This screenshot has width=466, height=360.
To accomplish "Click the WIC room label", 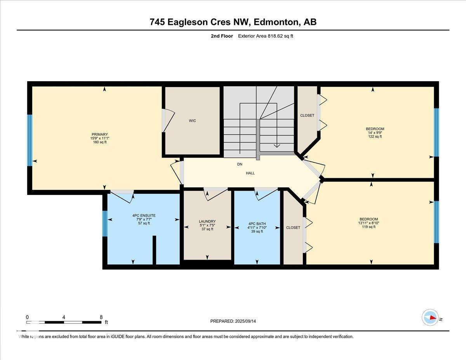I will [192, 121].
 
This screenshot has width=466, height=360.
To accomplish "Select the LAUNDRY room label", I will [207, 221].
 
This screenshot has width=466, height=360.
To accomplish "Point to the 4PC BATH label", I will [256, 223].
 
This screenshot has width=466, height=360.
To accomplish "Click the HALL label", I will [250, 173].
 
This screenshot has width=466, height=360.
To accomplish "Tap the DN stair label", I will [240, 164].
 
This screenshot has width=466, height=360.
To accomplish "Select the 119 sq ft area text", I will [369, 227].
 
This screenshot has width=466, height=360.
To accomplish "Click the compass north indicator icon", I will [430, 318].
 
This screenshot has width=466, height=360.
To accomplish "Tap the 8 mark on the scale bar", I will [101, 317].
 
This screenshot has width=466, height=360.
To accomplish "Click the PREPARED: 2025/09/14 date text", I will [233, 321].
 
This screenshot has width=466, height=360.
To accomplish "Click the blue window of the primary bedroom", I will [30, 140].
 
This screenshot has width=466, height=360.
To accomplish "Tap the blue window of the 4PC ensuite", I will [104, 223].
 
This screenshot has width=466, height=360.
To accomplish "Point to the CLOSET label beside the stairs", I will [307, 115].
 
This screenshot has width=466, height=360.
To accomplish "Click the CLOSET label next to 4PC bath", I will [293, 228].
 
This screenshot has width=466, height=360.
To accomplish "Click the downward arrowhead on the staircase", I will [277, 146].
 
